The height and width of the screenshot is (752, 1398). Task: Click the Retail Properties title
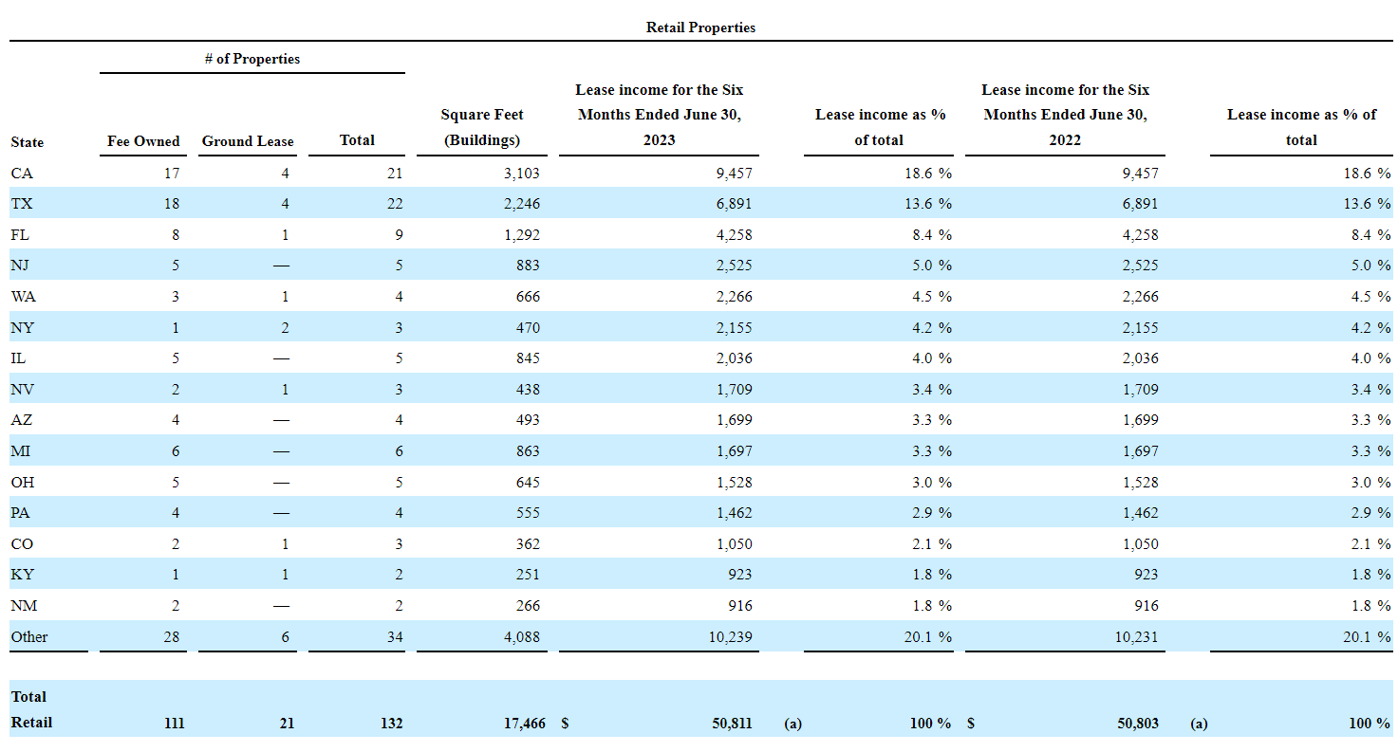pyautogui.click(x=700, y=28)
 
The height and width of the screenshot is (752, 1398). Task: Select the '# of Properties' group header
pyautogui.click(x=252, y=59)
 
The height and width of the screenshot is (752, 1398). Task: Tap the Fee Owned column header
pyautogui.click(x=143, y=141)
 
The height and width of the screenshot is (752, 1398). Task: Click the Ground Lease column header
pyautogui.click(x=248, y=141)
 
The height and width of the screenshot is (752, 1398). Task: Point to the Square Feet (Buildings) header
pyautogui.click(x=481, y=127)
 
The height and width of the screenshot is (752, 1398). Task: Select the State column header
pyautogui.click(x=28, y=142)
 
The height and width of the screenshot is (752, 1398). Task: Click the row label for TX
pyautogui.click(x=22, y=204)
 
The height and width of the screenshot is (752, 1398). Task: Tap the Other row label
pyautogui.click(x=29, y=636)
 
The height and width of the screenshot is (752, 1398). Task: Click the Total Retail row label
pyautogui.click(x=31, y=709)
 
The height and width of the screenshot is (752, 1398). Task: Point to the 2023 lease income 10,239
pyautogui.click(x=730, y=636)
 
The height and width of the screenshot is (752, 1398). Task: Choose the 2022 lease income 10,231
pyautogui.click(x=1136, y=636)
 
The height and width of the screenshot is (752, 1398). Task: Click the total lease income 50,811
pyautogui.click(x=732, y=723)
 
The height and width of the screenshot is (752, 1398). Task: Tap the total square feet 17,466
pyautogui.click(x=523, y=723)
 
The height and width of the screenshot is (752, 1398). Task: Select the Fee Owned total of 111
pyautogui.click(x=173, y=723)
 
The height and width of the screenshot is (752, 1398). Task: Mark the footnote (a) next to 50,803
pyautogui.click(x=1199, y=724)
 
